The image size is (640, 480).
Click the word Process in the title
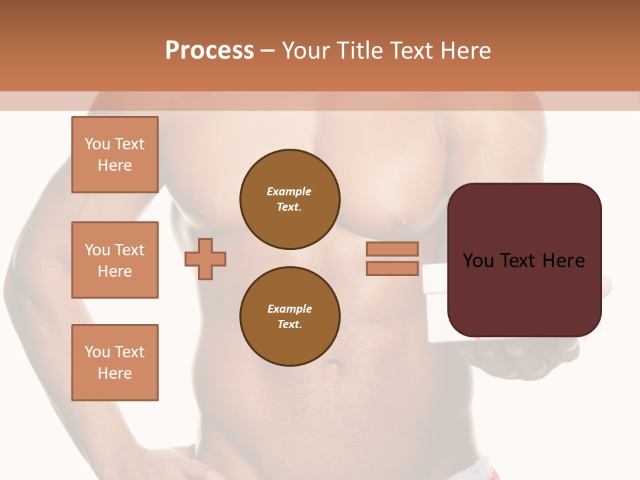209,51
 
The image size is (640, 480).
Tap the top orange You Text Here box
115,155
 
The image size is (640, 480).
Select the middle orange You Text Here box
115,260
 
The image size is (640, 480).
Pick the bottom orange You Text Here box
115,363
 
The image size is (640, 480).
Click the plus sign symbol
205,259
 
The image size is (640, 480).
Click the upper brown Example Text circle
290,199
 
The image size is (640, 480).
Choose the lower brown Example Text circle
290,316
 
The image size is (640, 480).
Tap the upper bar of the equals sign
392,249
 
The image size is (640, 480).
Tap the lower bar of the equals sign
392,268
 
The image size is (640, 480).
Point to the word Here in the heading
464,51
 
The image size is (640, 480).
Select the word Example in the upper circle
289,191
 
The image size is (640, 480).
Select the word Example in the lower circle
289,309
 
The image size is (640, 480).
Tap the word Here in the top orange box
115,165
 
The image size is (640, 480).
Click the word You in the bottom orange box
97,352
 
